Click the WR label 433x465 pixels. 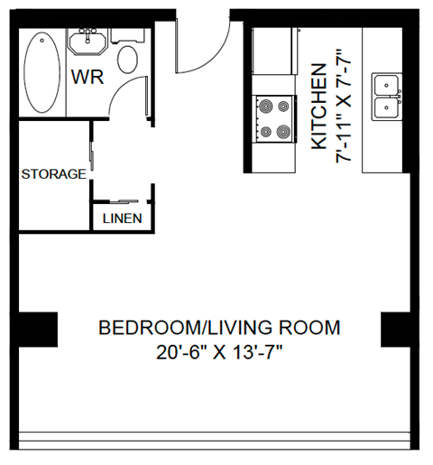(88, 77)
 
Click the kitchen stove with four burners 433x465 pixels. (273, 118)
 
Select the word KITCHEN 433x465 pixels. (318, 107)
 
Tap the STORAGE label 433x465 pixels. (53, 173)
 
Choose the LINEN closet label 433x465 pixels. (121, 219)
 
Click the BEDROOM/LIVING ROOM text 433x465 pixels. (219, 327)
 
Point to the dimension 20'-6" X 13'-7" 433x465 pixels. (219, 351)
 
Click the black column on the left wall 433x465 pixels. (37, 329)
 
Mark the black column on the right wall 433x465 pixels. (398, 329)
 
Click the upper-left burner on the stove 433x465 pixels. (264, 106)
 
